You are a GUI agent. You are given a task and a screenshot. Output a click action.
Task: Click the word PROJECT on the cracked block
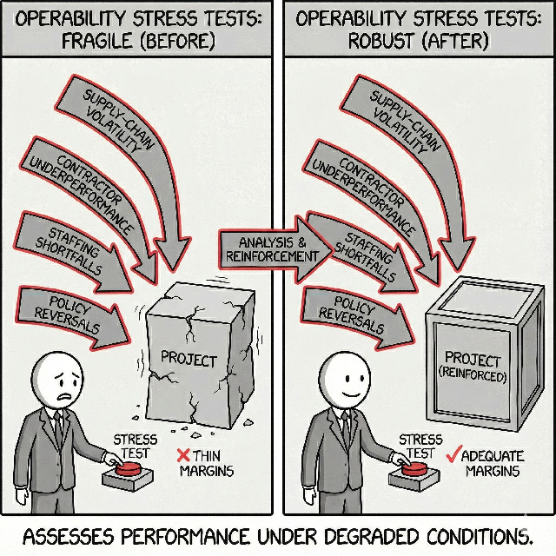pyautogui.click(x=189, y=357)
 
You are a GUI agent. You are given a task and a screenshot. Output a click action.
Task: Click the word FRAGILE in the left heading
pyautogui.click(x=100, y=40)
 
